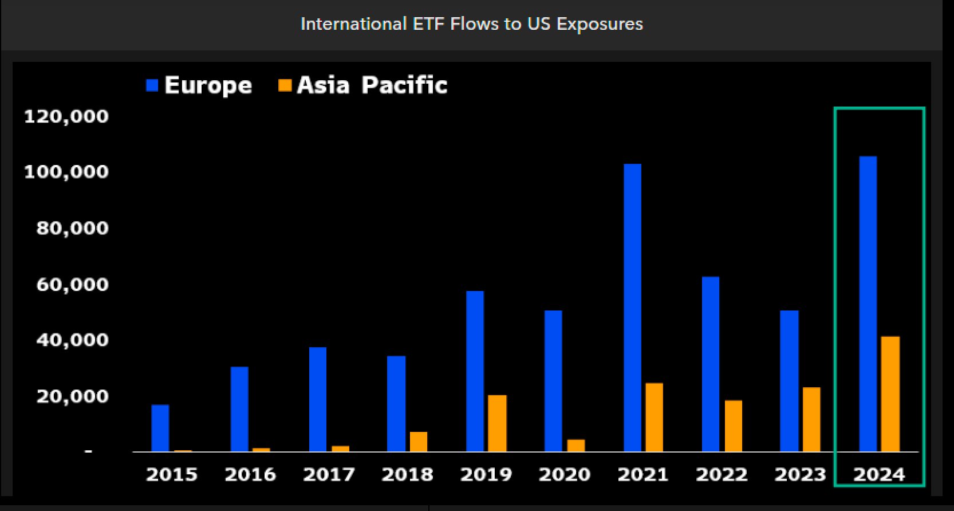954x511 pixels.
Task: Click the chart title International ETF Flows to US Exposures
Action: click(471, 24)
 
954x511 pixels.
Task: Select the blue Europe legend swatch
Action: click(152, 85)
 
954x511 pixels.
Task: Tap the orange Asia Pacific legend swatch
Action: click(285, 85)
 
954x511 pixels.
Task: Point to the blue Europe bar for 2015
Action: click(160, 428)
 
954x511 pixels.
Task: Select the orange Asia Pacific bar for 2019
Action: click(497, 423)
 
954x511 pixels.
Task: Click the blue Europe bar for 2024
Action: click(868, 304)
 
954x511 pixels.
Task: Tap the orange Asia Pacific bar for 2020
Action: click(575, 445)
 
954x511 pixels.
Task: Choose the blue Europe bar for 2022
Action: click(711, 364)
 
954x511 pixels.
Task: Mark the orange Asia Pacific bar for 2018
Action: click(419, 442)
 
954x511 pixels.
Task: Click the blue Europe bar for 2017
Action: click(318, 399)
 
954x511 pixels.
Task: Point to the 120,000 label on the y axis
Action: click(66, 116)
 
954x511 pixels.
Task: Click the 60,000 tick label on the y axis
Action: click(72, 284)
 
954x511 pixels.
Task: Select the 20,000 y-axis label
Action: click(72, 396)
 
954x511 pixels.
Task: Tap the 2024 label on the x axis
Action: click(879, 474)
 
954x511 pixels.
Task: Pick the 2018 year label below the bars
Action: click(407, 474)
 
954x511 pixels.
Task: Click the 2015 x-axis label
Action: click(171, 474)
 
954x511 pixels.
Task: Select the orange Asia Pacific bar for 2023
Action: click(811, 419)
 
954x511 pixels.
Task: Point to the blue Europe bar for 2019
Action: click(475, 371)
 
